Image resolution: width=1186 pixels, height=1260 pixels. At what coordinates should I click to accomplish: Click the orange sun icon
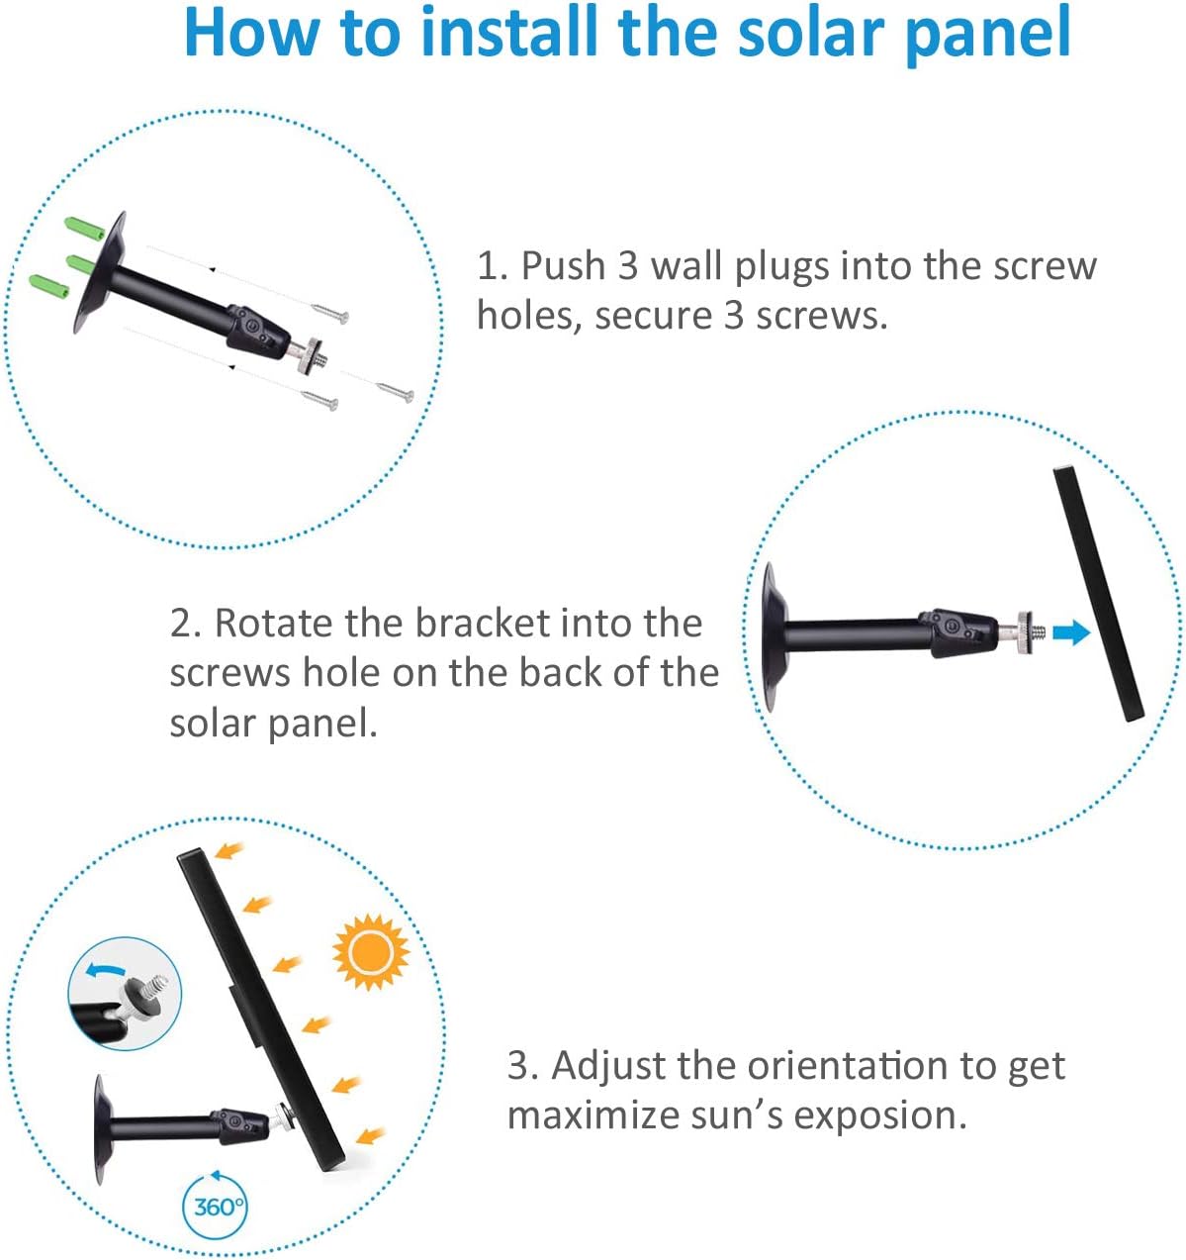pyautogui.click(x=370, y=951)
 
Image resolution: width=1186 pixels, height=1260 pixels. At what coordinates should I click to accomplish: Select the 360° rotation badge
pyautogui.click(x=216, y=1207)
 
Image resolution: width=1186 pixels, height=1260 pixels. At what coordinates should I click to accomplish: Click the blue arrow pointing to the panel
pyautogui.click(x=1069, y=632)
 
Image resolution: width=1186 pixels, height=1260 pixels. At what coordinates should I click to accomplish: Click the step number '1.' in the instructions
pyautogui.click(x=492, y=266)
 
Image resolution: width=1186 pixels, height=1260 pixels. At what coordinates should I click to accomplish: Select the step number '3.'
pyautogui.click(x=523, y=1066)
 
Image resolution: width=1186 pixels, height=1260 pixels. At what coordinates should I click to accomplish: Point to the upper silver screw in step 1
pyautogui.click(x=330, y=314)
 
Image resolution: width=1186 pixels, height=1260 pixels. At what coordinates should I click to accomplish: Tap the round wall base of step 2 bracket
pyautogui.click(x=772, y=635)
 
